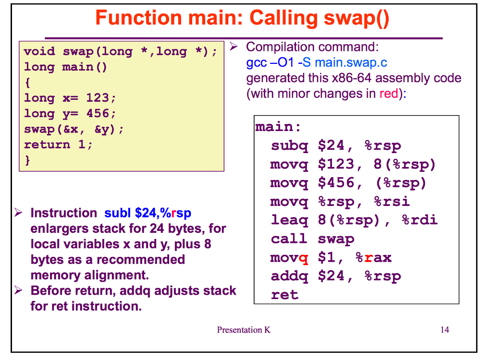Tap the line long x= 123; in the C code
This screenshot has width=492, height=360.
coord(70,98)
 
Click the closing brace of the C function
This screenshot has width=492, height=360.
coord(27,160)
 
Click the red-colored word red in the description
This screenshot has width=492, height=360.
coord(389,93)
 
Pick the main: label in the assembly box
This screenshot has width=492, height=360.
coord(278,127)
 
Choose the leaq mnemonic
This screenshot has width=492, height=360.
coord(290,220)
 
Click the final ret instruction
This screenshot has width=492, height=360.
coord(284,295)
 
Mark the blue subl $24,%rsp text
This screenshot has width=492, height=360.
coord(148,213)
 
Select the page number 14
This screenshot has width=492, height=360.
coord(444,330)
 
